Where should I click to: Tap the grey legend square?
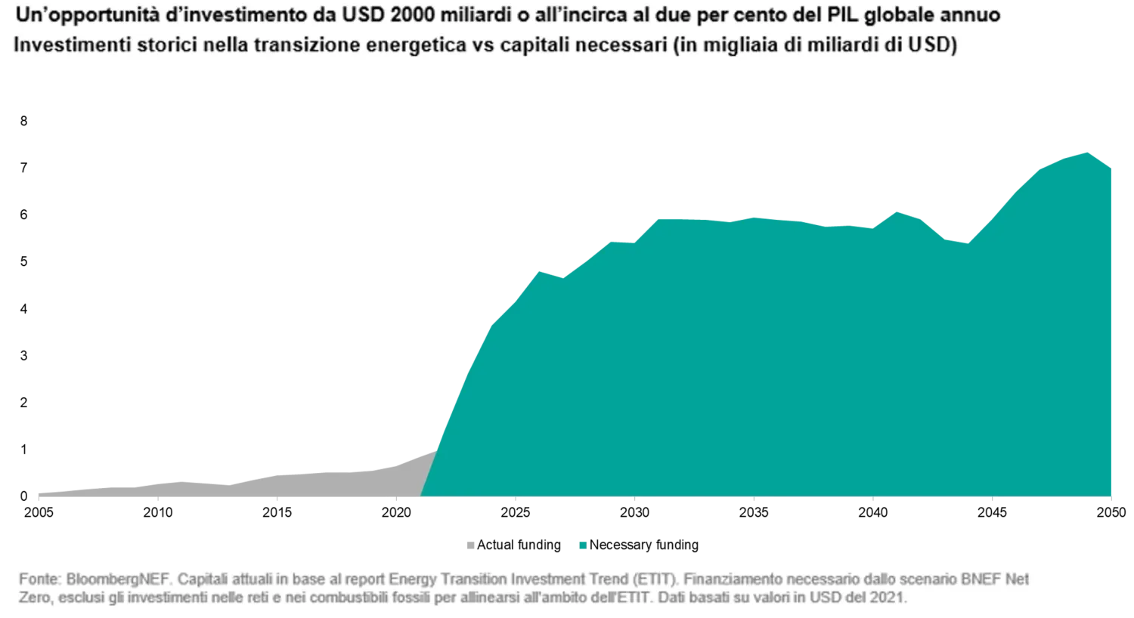(472, 544)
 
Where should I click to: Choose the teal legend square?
(581, 544)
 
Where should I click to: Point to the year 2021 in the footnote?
(889, 598)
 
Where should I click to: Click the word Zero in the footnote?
(33, 598)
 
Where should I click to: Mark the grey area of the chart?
(302, 485)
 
